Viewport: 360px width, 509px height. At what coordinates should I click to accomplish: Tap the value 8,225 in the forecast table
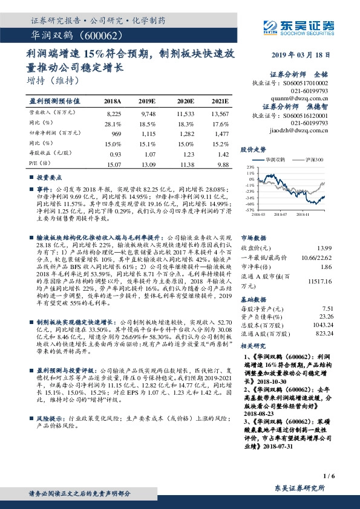point(113,113)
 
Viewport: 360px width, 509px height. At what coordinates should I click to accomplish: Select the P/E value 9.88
point(223,163)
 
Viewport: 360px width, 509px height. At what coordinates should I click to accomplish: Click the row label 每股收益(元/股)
point(48,153)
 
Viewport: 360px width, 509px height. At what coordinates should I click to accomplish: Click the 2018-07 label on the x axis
point(279,213)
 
